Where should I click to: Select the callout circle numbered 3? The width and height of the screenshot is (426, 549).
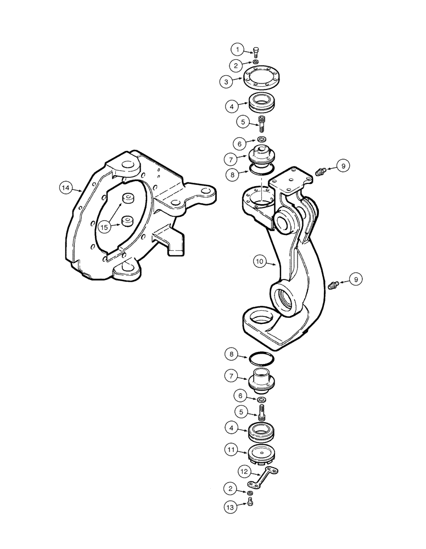click(226, 81)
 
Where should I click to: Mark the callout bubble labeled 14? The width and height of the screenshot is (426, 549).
click(65, 188)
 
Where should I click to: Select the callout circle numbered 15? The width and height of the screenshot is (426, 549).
click(104, 225)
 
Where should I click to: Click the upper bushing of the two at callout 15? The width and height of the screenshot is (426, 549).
click(129, 199)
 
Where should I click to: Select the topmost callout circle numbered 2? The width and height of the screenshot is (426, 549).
click(237, 65)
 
